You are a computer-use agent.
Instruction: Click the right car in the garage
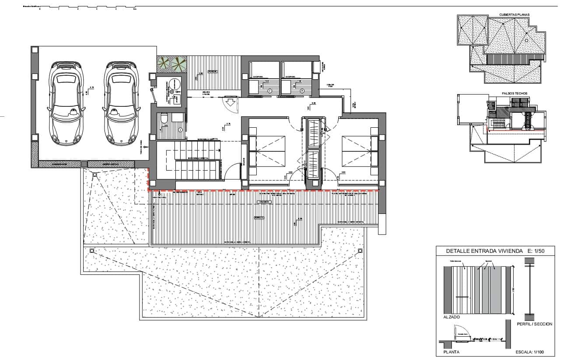(120, 104)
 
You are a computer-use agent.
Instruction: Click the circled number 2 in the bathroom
(270, 91)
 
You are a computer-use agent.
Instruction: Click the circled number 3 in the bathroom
(302, 91)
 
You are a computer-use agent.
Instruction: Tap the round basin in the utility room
(175, 84)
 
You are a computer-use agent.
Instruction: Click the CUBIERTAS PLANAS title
(514, 15)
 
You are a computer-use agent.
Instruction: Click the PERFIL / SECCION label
(534, 324)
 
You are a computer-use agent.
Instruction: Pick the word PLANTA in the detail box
(451, 351)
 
